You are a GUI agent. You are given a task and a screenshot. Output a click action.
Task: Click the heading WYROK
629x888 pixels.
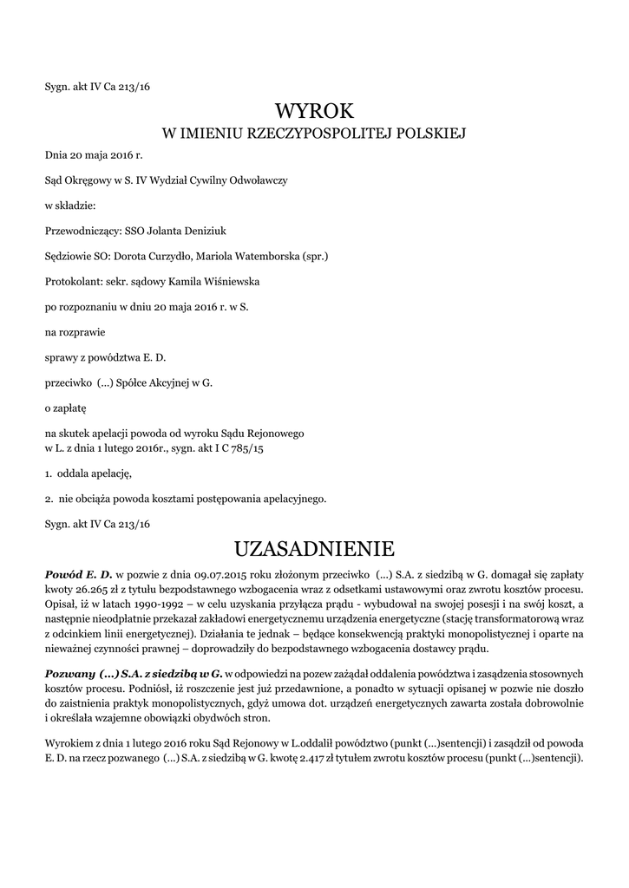click(315, 110)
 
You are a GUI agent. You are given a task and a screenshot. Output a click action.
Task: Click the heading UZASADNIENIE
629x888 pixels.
click(315, 549)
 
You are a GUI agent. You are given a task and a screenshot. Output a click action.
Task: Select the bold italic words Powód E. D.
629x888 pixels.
click(79, 574)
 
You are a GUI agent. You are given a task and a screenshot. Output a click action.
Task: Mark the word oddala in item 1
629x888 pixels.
click(75, 473)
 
